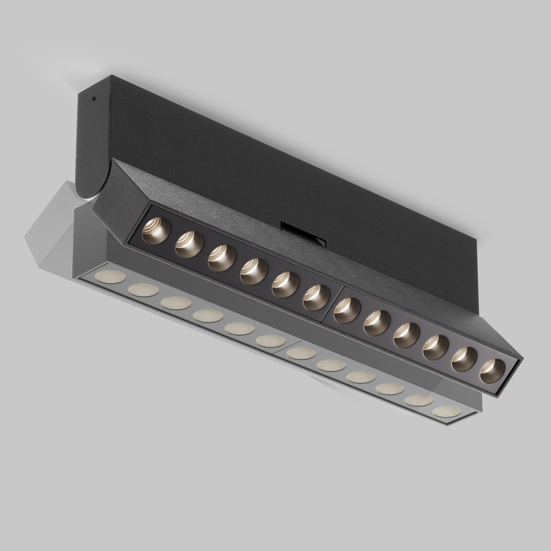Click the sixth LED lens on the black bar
click(316, 298)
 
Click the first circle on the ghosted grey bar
click(110, 277)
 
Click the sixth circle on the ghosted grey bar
click(271, 341)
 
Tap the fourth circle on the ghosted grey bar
click(208, 316)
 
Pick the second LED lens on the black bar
click(189, 244)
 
